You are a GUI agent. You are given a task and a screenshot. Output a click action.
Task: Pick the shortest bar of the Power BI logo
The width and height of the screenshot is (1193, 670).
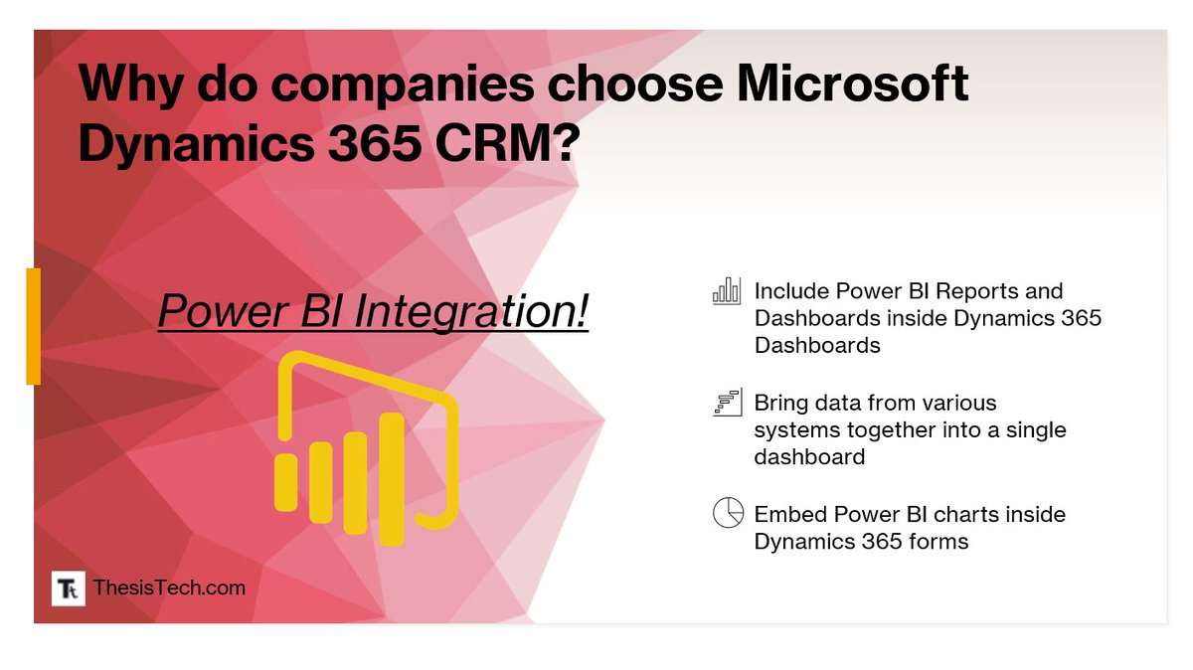286,482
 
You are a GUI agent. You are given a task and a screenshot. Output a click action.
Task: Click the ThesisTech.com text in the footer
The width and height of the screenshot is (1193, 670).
169,587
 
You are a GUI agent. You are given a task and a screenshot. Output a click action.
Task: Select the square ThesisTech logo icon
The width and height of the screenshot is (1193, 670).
69,588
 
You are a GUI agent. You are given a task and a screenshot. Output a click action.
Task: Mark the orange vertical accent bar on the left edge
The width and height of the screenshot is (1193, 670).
33,325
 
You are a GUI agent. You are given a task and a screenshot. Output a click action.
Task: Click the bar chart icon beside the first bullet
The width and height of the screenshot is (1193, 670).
727,290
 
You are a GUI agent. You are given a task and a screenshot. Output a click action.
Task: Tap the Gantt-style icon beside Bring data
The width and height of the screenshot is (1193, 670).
728,403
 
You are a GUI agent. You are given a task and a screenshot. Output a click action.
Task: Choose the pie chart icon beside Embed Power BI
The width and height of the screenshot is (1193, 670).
728,513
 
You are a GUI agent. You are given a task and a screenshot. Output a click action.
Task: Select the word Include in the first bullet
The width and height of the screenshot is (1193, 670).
789,291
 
